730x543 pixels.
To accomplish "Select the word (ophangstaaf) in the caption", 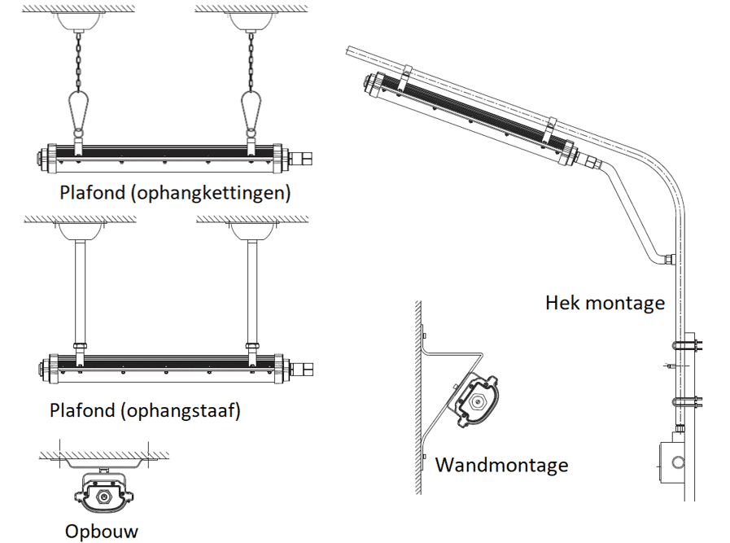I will [x=180, y=410].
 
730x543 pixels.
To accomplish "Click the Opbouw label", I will [x=102, y=531].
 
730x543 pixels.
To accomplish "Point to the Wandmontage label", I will [x=501, y=465].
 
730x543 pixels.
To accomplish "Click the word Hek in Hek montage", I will [x=562, y=304].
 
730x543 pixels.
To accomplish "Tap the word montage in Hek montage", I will [x=624, y=304].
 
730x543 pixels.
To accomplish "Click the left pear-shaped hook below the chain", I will [x=79, y=110].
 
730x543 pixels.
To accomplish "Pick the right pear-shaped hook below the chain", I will [x=251, y=110].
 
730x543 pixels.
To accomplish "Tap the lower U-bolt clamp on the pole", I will [x=688, y=402].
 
